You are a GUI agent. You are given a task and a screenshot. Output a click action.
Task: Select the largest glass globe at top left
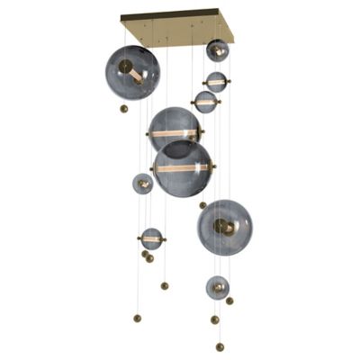coord(132,72)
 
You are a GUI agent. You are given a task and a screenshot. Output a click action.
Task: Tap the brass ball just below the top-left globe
coord(124,109)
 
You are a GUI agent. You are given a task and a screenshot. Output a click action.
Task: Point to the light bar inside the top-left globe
coord(132,72)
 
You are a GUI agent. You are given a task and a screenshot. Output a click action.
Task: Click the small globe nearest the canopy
coord(217,50)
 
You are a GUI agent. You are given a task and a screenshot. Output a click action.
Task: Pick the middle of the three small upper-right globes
coord(216,82)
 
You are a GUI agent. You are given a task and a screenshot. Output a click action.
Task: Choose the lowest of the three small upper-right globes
coord(206,102)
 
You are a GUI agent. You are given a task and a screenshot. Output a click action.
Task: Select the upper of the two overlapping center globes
coord(174,129)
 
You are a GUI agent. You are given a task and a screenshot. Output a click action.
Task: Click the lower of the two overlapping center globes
coord(182,169)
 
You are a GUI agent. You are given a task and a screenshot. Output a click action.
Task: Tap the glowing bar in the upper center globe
coord(174,134)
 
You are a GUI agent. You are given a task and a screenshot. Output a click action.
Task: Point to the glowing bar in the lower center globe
coord(182,167)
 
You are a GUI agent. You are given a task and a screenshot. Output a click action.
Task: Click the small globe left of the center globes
coord(143,184)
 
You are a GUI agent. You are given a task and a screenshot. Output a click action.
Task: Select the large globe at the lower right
coord(225,227)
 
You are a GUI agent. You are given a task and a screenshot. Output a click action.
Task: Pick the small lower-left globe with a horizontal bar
coord(151,239)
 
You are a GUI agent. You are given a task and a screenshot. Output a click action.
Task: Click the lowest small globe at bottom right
coord(217,288)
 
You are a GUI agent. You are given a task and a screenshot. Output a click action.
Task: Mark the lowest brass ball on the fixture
coord(220,346)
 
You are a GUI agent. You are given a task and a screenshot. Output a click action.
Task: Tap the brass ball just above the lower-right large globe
coord(202,204)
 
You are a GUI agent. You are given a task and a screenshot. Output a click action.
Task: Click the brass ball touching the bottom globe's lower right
coord(229,301)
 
